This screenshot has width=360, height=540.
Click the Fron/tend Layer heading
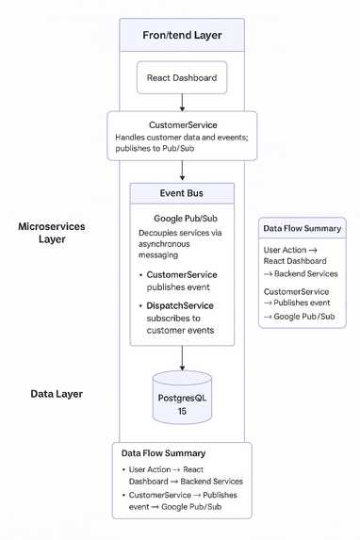click(x=182, y=35)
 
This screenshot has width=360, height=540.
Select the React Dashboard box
click(x=182, y=77)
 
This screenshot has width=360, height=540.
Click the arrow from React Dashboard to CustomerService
click(x=182, y=103)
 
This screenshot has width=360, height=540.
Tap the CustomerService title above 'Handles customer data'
click(x=183, y=125)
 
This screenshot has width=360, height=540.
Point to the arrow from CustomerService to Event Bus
click(x=182, y=171)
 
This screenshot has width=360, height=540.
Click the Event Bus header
click(x=182, y=193)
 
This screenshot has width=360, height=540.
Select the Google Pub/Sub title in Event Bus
click(x=186, y=219)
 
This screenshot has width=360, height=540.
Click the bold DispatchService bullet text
click(x=180, y=306)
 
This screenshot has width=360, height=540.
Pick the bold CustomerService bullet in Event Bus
click(x=182, y=275)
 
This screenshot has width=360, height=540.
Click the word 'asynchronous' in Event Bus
click(x=164, y=244)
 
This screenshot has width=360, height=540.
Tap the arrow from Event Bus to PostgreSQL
click(x=182, y=358)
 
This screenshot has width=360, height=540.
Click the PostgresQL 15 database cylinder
click(x=182, y=398)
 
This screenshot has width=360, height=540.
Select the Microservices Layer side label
click(x=52, y=233)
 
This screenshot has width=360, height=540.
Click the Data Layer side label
click(x=57, y=394)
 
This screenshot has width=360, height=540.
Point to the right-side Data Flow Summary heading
click(x=303, y=229)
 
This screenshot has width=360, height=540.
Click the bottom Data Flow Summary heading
click(x=163, y=453)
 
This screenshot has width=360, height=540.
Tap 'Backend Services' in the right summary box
click(x=306, y=274)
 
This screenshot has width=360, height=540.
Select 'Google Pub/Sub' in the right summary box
click(x=304, y=317)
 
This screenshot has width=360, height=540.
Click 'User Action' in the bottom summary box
click(x=150, y=469)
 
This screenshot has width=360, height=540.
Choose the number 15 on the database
click(x=182, y=411)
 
